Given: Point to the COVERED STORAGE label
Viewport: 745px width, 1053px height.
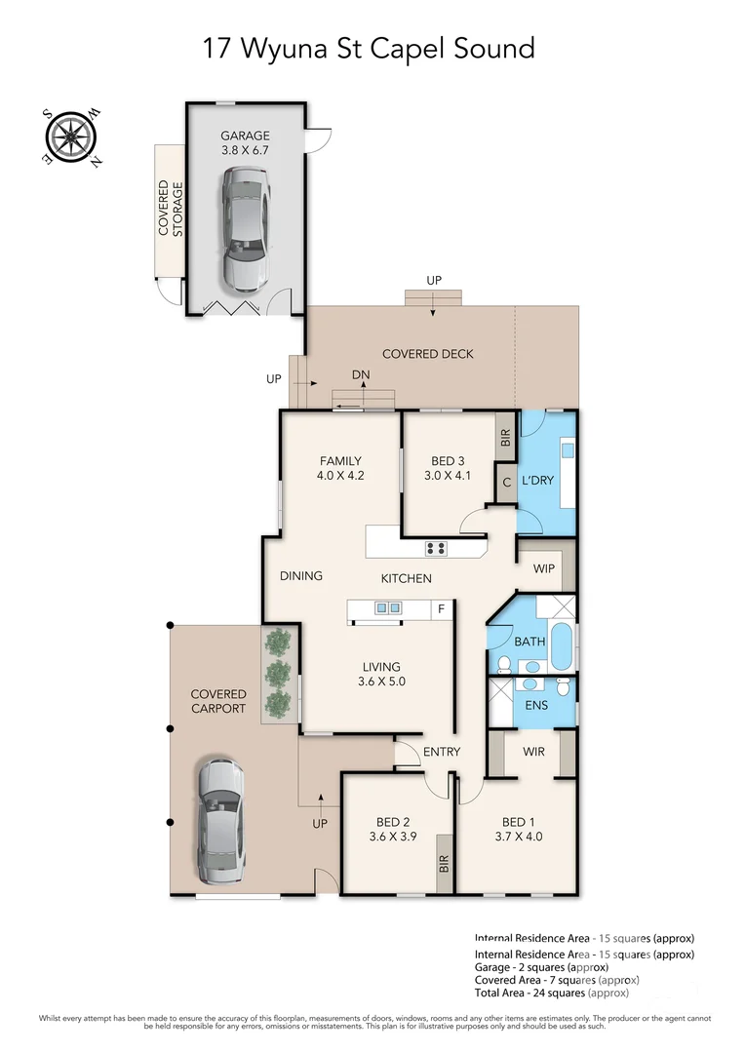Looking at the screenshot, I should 171,209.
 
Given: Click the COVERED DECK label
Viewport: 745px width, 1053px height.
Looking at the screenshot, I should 427,354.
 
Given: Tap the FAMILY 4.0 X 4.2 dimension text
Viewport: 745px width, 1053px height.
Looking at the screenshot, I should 339,469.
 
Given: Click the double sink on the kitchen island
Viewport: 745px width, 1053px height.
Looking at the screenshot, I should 388,609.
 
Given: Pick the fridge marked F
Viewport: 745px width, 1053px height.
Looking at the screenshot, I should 442,610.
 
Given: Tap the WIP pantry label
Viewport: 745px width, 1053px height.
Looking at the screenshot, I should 543,568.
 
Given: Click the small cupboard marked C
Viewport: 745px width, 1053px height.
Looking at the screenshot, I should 506,482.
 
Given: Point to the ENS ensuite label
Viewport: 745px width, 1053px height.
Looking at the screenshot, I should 534,704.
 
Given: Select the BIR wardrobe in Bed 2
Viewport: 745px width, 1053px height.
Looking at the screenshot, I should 444,863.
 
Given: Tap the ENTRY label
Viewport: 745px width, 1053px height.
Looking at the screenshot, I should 441,752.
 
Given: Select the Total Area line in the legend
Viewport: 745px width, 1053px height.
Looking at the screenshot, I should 552,993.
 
